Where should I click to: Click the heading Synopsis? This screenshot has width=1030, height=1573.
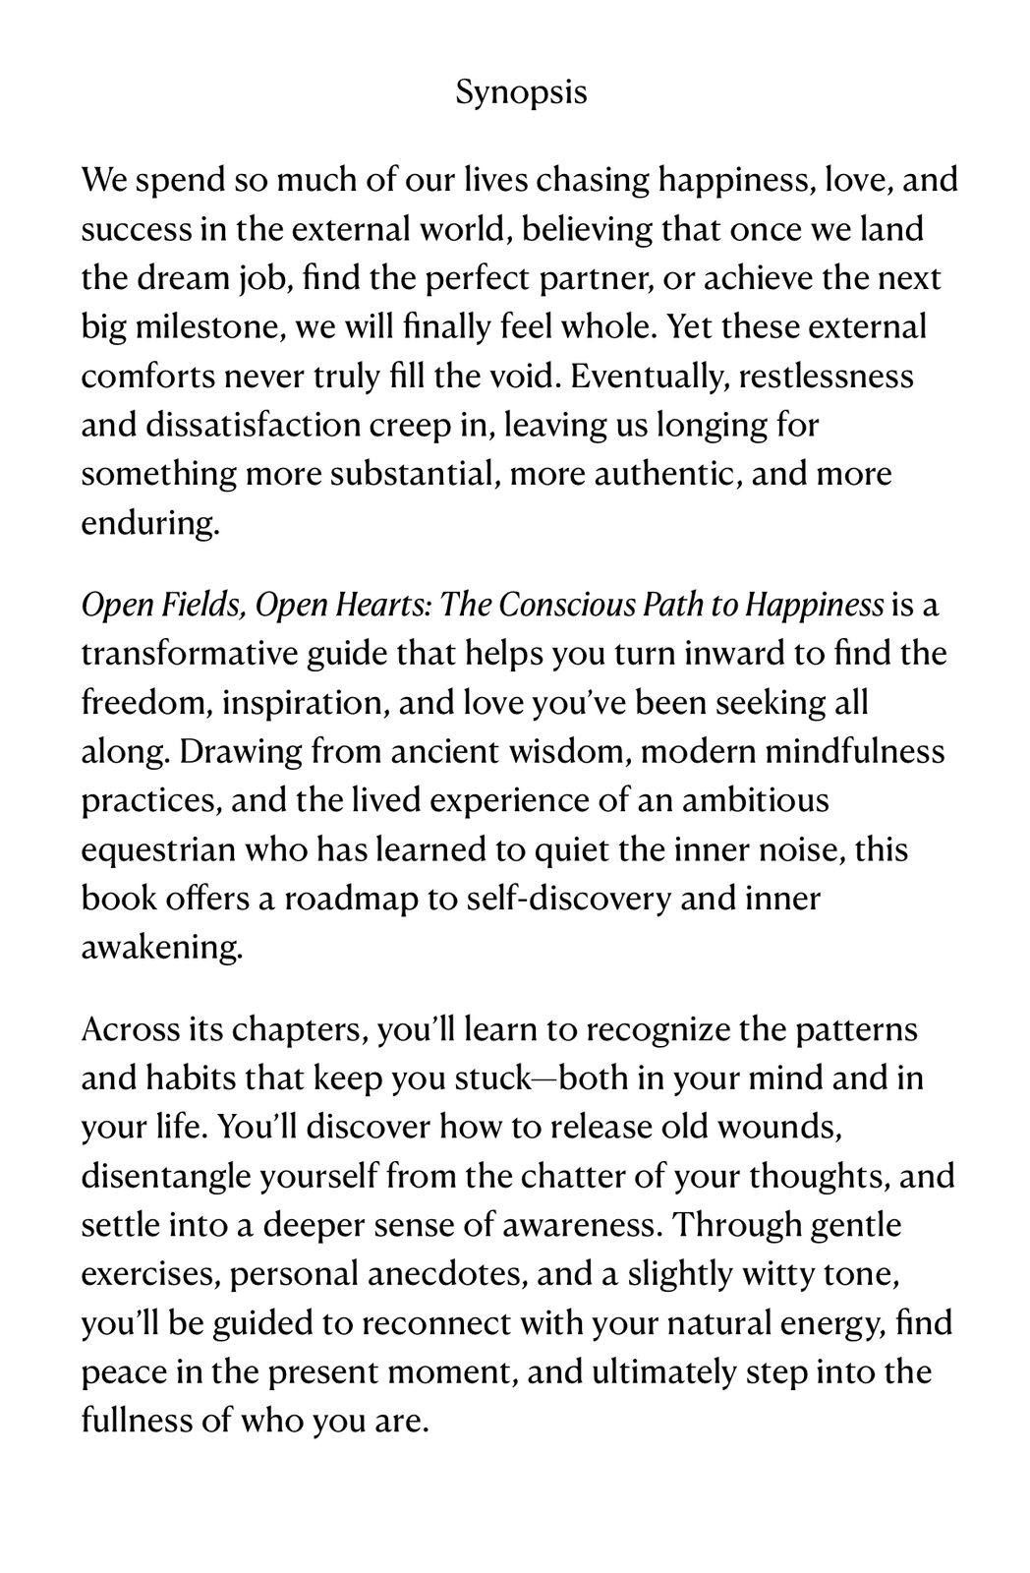click(x=522, y=93)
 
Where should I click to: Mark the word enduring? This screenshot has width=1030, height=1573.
click(x=149, y=523)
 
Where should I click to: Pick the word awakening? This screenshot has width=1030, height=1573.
click(x=160, y=948)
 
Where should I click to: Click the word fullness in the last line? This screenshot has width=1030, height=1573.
click(x=130, y=1422)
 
